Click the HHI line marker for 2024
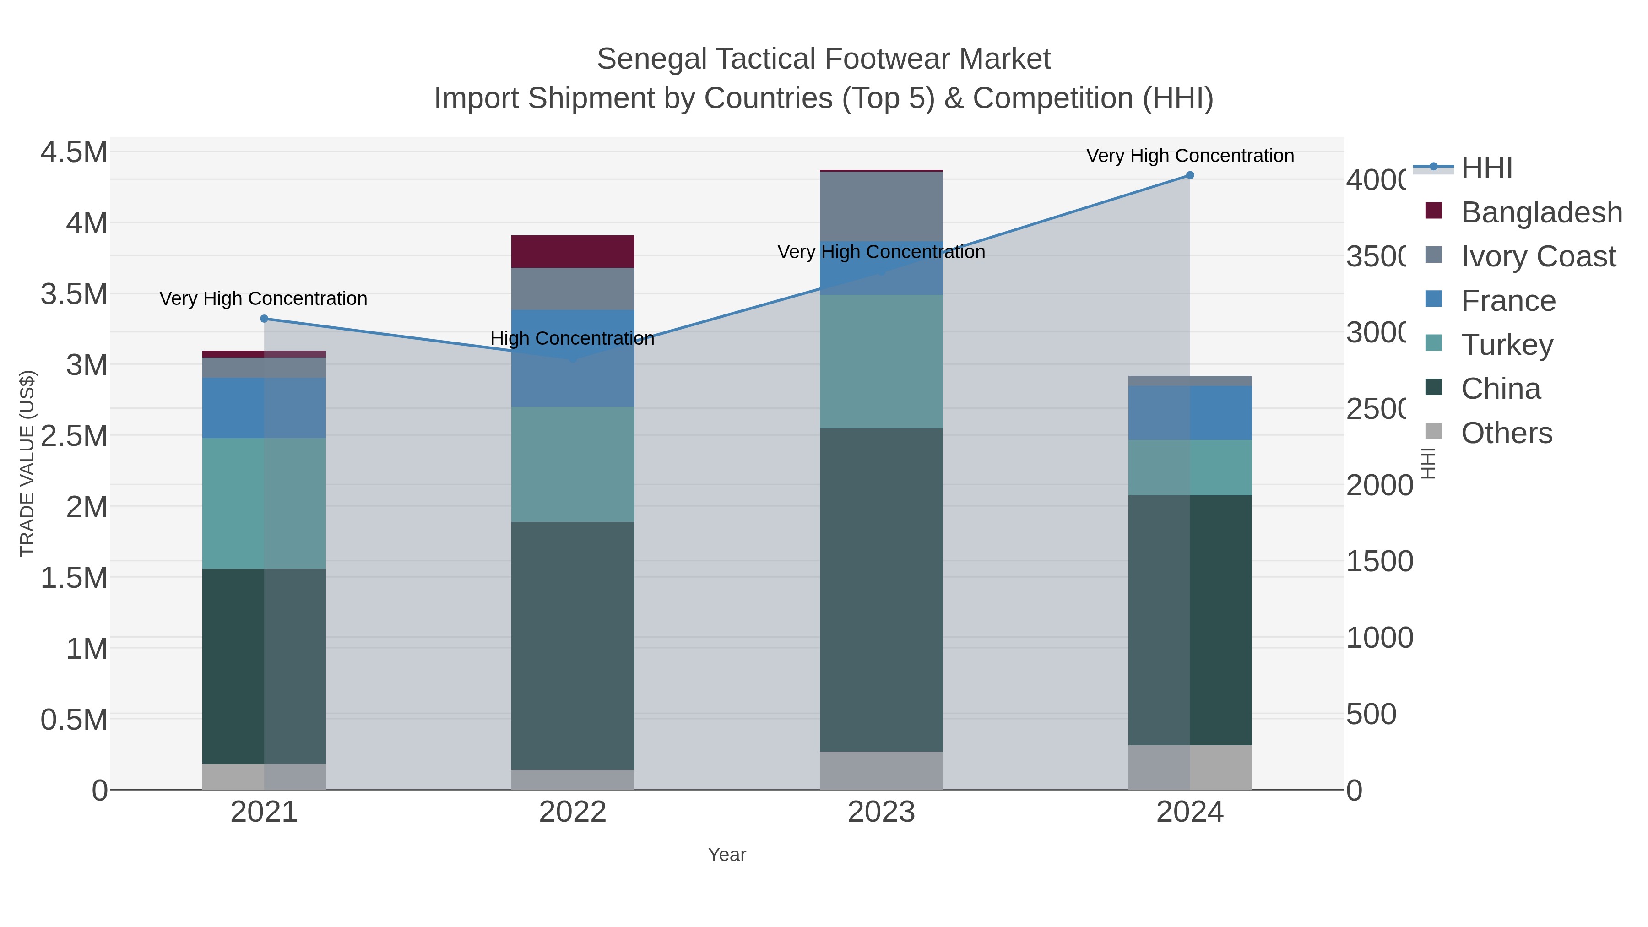click(1189, 175)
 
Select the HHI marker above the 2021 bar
click(264, 319)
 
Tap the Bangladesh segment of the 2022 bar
click(573, 251)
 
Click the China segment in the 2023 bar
click(881, 589)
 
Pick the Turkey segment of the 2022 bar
click(573, 464)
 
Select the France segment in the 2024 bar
click(1189, 412)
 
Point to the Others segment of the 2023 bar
click(881, 770)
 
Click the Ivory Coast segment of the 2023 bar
click(881, 206)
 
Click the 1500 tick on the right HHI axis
click(1379, 562)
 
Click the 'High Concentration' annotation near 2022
click(573, 338)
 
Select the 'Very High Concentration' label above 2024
click(1189, 156)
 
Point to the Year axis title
click(727, 855)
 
